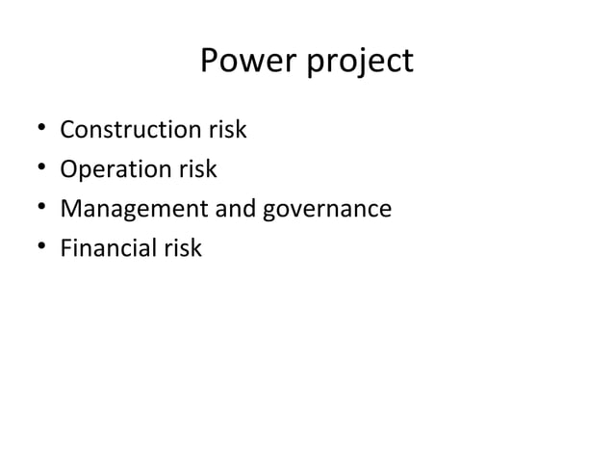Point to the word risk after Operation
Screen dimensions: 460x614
coord(196,169)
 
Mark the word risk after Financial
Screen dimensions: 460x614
coord(182,248)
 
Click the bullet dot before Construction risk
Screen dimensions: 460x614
coord(36,131)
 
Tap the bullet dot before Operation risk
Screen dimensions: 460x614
coord(36,170)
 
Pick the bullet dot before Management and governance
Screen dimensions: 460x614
coord(36,210)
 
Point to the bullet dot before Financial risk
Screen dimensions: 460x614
coord(36,249)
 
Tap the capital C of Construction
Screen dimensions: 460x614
coord(66,130)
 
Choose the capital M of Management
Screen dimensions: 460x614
coord(69,209)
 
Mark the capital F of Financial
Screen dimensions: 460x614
coord(64,248)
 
